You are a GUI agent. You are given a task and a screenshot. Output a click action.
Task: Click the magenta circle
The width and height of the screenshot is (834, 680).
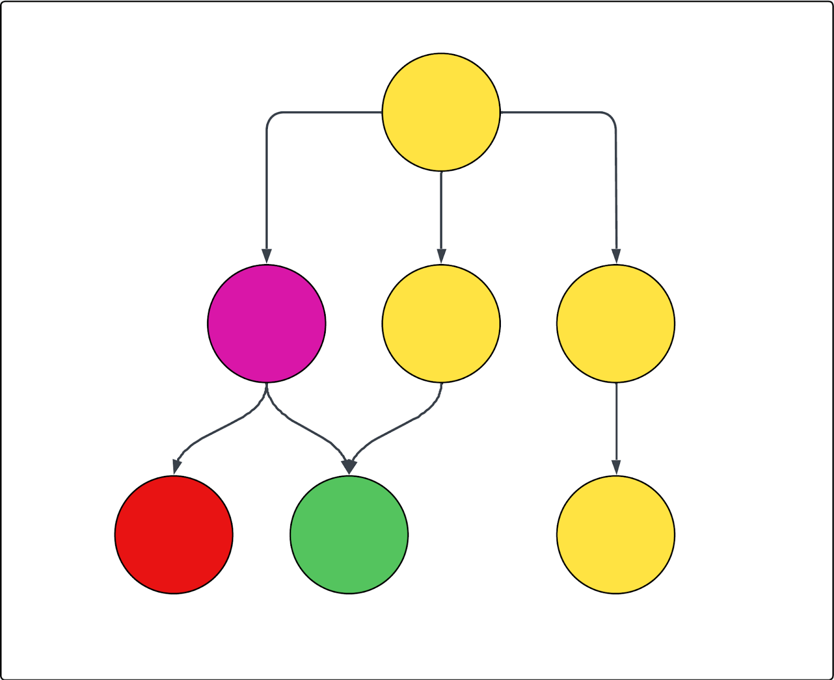pyautogui.click(x=266, y=323)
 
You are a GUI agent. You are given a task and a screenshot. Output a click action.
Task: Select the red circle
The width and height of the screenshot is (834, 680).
pyautogui.click(x=174, y=535)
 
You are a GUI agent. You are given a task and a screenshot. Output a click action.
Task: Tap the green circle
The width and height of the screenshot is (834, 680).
pyautogui.click(x=349, y=535)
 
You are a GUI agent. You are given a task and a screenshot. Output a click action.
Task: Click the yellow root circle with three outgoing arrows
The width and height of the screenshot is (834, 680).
pyautogui.click(x=441, y=112)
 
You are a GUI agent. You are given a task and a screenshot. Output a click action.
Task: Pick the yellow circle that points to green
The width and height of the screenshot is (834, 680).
pyautogui.click(x=441, y=323)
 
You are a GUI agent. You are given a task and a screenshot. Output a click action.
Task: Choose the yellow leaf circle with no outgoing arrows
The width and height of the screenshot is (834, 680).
pyautogui.click(x=616, y=535)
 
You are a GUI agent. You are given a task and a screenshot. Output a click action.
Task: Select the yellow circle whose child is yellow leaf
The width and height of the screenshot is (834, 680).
pyautogui.click(x=616, y=323)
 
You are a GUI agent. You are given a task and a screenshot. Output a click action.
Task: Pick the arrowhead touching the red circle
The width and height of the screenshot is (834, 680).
pyautogui.click(x=177, y=467)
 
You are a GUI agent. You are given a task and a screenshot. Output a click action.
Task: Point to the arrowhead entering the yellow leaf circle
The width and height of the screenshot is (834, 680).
pyautogui.click(x=617, y=468)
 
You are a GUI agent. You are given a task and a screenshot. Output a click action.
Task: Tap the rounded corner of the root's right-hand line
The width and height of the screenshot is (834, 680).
pyautogui.click(x=610, y=117)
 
